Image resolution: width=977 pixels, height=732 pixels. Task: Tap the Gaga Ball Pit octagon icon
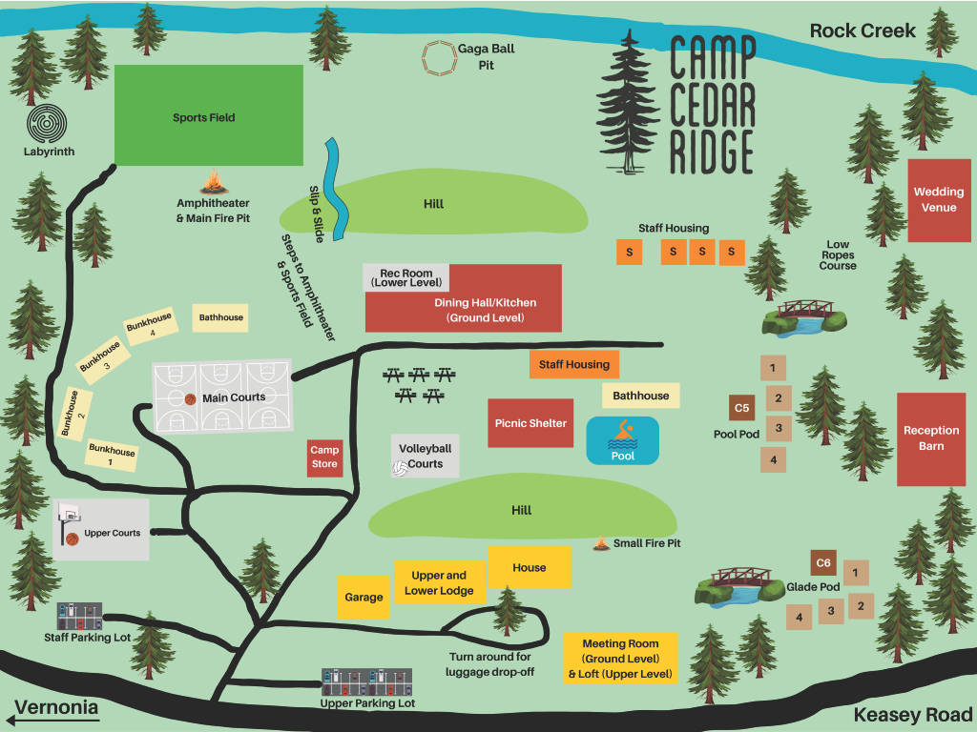coord(440,58)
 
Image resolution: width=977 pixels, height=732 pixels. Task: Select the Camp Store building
coord(324,457)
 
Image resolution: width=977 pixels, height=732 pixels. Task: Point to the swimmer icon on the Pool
coord(623,434)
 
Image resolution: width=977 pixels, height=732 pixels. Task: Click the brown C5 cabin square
coord(742,408)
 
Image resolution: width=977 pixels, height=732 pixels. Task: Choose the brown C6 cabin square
coord(823,562)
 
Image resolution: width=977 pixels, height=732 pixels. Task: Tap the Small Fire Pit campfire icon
coord(602,543)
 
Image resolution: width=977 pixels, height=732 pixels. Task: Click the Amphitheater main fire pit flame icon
coord(213,181)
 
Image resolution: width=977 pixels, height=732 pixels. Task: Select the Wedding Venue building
coord(938,199)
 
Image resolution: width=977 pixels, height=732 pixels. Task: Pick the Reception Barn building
coord(931,438)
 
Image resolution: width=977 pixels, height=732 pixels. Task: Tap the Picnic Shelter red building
coord(530,423)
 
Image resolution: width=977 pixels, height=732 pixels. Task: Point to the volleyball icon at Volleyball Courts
coord(400,469)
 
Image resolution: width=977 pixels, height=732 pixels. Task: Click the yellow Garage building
coord(364,598)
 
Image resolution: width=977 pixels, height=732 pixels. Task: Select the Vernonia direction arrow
coord(53,709)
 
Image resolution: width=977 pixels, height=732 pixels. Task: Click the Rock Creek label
coord(862,30)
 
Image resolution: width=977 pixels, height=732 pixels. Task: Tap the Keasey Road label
coord(912,715)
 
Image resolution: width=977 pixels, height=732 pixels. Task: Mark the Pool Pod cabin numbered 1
coord(773,367)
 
